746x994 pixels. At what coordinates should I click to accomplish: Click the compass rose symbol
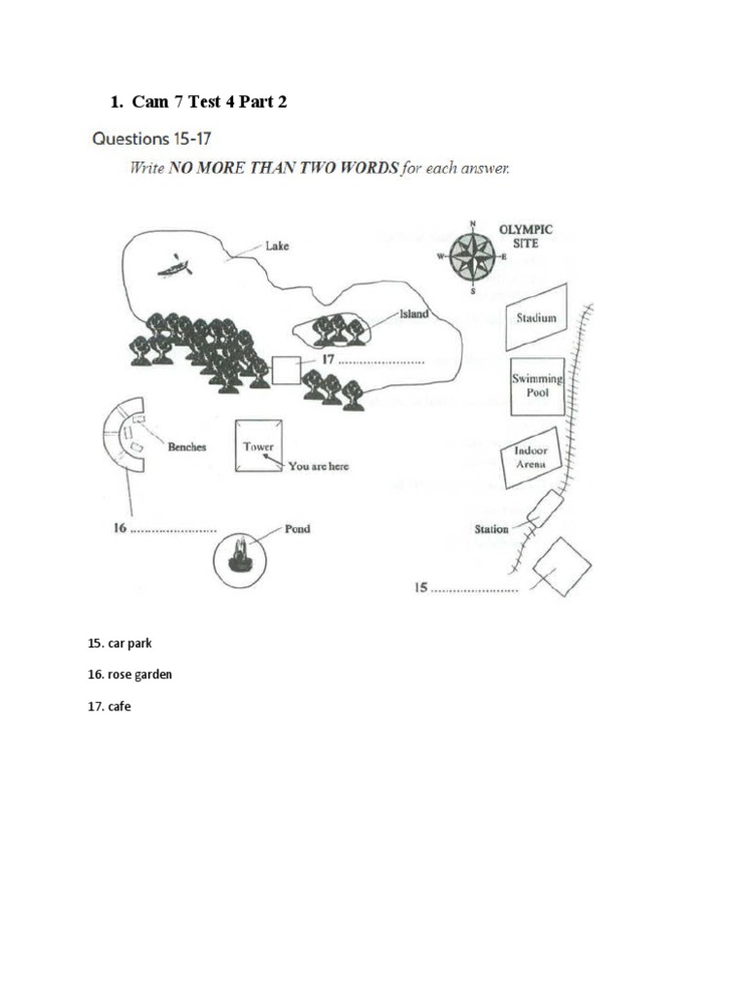[473, 257]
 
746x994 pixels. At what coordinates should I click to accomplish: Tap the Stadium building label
[536, 317]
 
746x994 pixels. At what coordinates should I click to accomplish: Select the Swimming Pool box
[537, 386]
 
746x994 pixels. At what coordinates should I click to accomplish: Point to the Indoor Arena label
[531, 457]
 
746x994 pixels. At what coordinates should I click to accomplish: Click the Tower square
[258, 447]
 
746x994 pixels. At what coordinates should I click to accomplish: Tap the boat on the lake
[176, 265]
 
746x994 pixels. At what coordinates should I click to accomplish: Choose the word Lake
[277, 247]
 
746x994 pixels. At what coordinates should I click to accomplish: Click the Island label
[413, 315]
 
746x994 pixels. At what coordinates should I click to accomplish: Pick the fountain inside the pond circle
[240, 556]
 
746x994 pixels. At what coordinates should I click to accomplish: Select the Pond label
[297, 529]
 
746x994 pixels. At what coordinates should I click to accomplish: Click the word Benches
[186, 447]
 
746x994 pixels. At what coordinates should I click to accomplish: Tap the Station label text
[491, 529]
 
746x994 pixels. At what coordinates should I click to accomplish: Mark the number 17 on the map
[328, 359]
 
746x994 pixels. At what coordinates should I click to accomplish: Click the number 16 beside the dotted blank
[119, 530]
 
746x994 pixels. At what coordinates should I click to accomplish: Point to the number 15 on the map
[422, 587]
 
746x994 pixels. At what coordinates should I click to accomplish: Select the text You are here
[318, 466]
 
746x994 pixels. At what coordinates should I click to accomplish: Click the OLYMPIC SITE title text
[526, 236]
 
